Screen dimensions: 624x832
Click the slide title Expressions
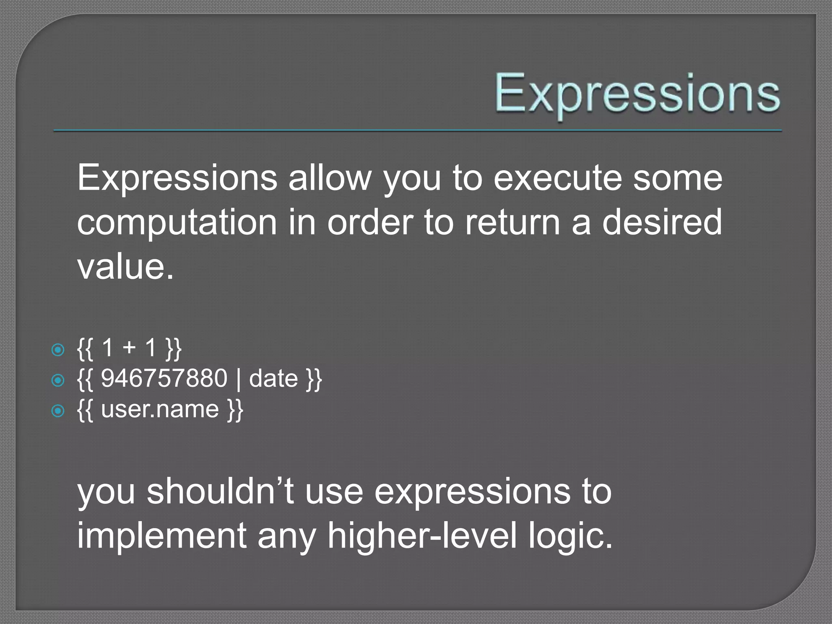pyautogui.click(x=637, y=94)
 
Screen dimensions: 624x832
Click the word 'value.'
pyautogui.click(x=126, y=267)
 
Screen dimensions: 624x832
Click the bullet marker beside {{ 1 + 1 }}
pyautogui.click(x=58, y=350)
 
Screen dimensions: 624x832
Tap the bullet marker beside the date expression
pyautogui.click(x=58, y=380)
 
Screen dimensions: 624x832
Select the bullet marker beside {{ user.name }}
pyautogui.click(x=58, y=411)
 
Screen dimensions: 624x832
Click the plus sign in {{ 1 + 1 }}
pyautogui.click(x=129, y=348)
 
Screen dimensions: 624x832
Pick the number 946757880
pyautogui.click(x=164, y=378)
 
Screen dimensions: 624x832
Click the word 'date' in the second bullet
pyautogui.click(x=273, y=378)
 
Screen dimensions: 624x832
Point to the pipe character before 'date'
pyautogui.click(x=238, y=379)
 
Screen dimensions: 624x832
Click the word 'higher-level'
pyautogui.click(x=422, y=535)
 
